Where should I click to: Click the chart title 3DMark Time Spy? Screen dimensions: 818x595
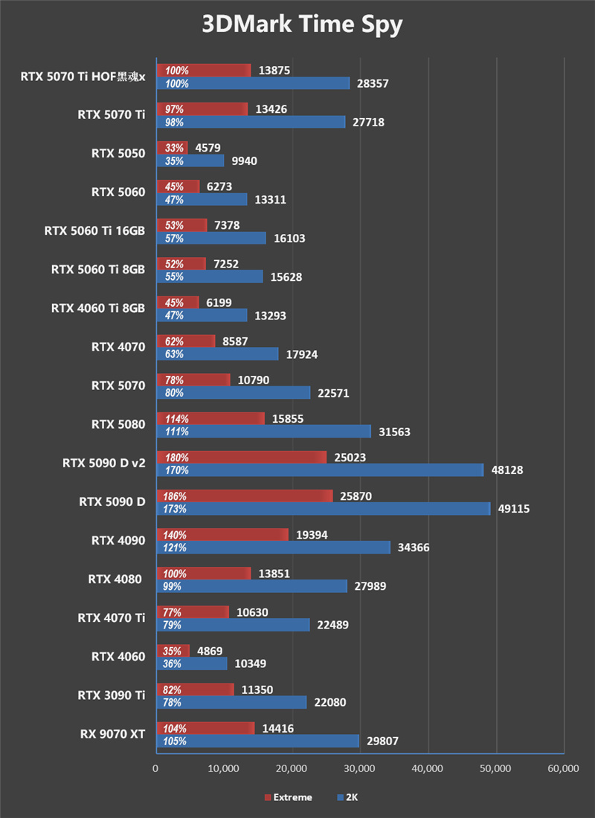tap(302, 25)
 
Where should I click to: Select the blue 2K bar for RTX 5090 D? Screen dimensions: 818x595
tap(323, 509)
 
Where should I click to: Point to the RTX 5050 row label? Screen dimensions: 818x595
tap(118, 154)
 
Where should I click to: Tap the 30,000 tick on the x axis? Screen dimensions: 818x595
tap(359, 769)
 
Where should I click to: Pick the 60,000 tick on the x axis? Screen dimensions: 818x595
tap(562, 769)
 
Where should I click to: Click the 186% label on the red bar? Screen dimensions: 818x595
tap(177, 496)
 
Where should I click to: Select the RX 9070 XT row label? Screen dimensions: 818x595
tap(112, 735)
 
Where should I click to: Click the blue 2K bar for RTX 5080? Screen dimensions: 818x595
tap(263, 432)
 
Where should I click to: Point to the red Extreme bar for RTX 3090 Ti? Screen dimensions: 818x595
tap(195, 689)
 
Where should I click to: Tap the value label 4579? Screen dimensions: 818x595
tap(208, 148)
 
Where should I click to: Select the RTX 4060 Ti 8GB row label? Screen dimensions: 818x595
tap(98, 308)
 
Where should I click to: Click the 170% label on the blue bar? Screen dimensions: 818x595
tap(177, 470)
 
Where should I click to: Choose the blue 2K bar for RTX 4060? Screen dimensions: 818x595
tap(191, 663)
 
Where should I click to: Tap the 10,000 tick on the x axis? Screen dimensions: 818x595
tap(224, 769)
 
